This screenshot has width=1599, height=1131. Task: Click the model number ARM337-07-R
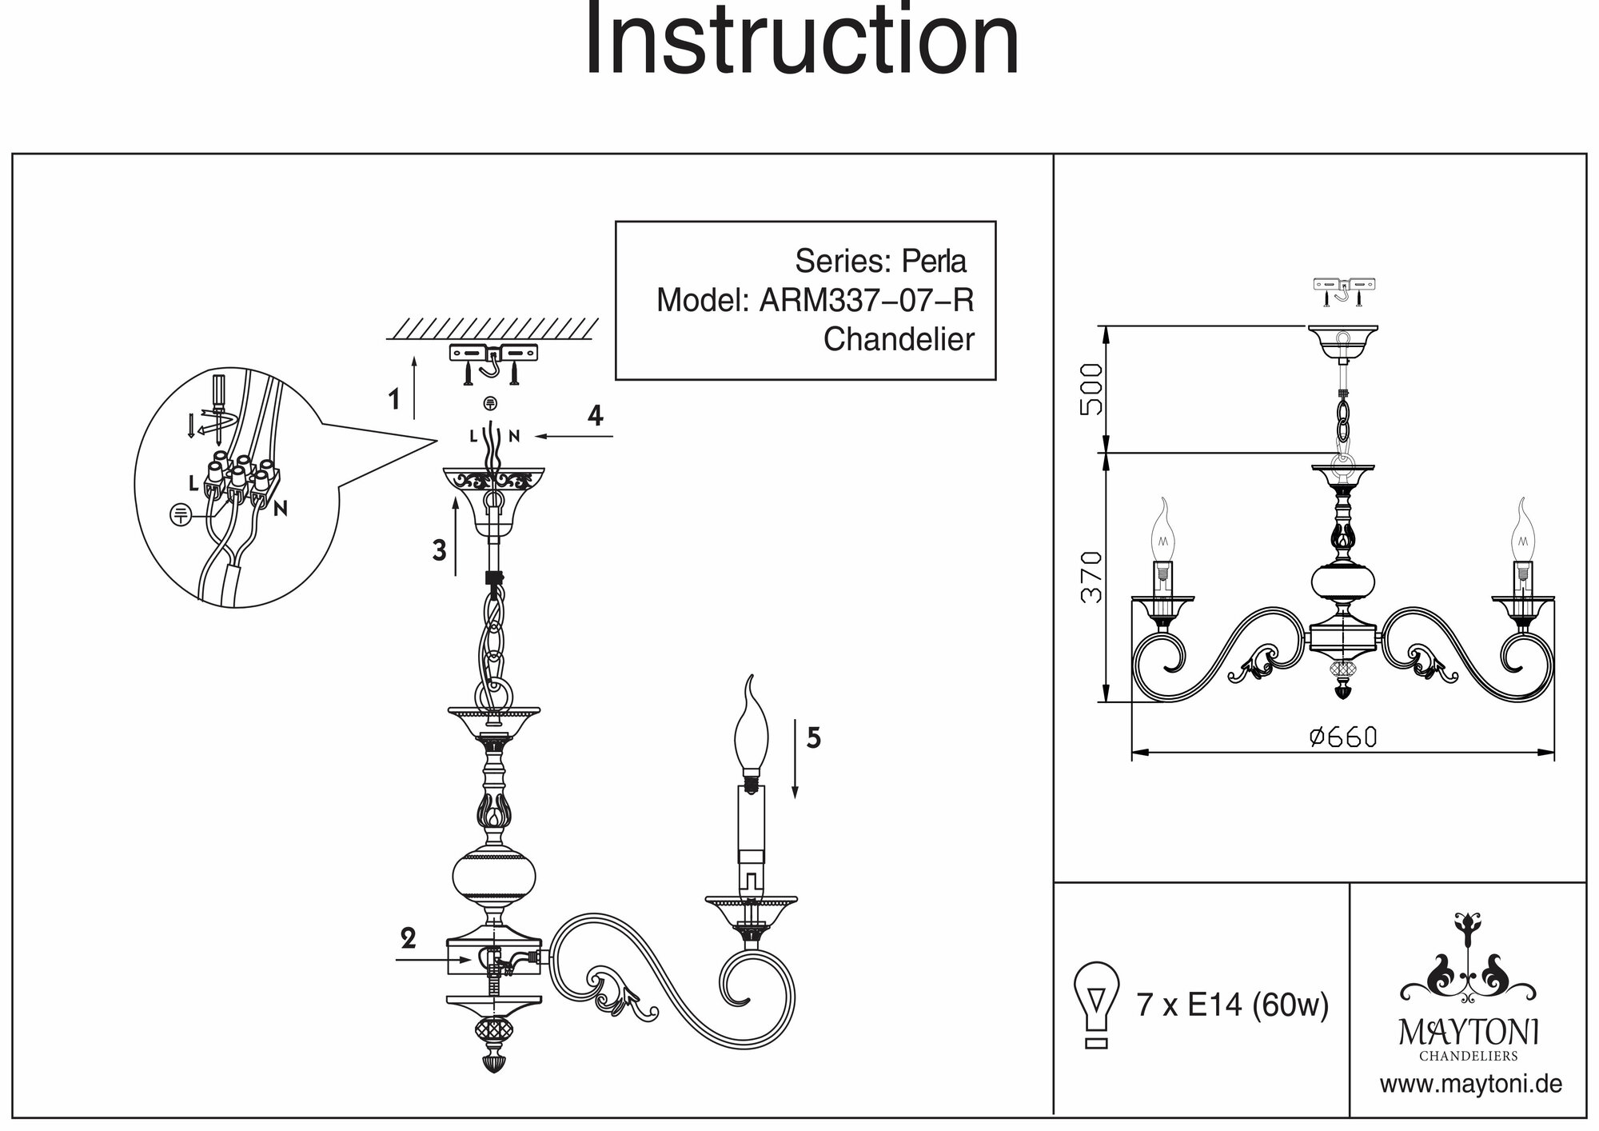coord(866,301)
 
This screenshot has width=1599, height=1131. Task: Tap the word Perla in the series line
coord(934,262)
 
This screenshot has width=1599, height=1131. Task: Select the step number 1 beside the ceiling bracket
coord(393,399)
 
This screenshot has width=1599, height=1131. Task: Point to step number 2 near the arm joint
coord(409,938)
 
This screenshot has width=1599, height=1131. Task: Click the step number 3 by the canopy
coord(439,550)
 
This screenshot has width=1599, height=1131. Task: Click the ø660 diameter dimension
coord(1343,737)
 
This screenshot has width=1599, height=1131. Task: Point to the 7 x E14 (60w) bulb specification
coord(1232,1005)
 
